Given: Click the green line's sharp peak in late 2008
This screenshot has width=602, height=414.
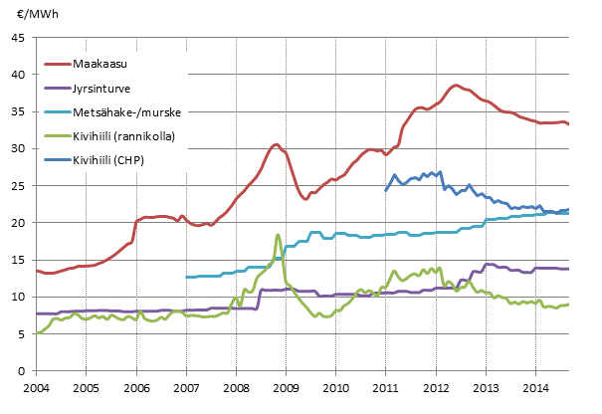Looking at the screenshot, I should point(278,235).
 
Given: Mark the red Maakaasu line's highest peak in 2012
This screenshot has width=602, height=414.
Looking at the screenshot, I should point(456,86).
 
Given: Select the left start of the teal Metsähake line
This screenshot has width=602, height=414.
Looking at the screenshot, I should point(186,278).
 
